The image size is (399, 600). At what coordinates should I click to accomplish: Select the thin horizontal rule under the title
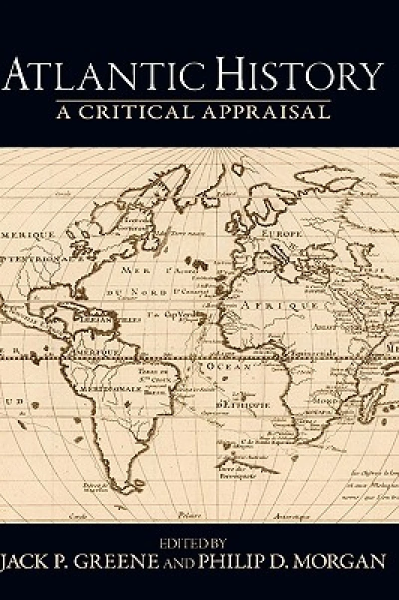199,100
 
